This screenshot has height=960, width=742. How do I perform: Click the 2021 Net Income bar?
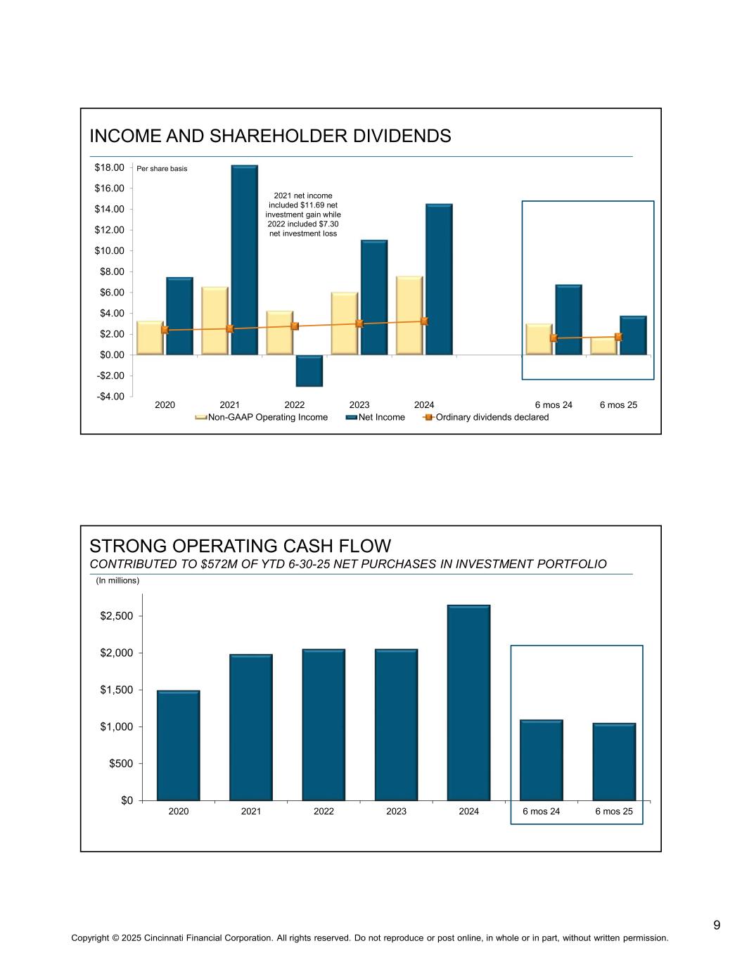pyautogui.click(x=244, y=260)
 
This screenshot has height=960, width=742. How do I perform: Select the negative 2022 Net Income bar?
pyautogui.click(x=309, y=371)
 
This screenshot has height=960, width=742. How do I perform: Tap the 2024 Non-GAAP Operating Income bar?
pyautogui.click(x=409, y=315)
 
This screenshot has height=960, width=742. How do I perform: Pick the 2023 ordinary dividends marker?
pyautogui.click(x=359, y=324)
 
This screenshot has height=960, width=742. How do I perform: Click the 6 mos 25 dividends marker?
pyautogui.click(x=618, y=337)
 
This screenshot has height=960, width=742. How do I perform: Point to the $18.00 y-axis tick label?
pyautogui.click(x=109, y=167)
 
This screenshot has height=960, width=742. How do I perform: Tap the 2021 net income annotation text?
pyautogui.click(x=303, y=215)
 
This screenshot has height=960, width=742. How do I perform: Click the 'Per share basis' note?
pyautogui.click(x=162, y=169)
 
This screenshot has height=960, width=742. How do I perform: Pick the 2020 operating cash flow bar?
pyautogui.click(x=179, y=745)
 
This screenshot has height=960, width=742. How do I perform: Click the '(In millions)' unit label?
pyautogui.click(x=117, y=581)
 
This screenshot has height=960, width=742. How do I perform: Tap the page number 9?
pyautogui.click(x=717, y=925)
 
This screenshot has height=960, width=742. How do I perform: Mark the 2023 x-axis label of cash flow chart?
pyautogui.click(x=396, y=812)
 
